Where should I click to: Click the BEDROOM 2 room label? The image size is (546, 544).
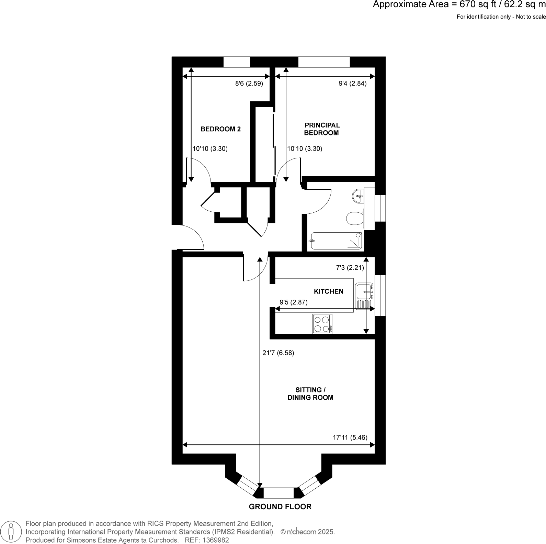(x=220, y=129)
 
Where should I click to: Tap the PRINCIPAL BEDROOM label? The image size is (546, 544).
(x=322, y=129)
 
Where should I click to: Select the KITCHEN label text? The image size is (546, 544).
(x=329, y=291)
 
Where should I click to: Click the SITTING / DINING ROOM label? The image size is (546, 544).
(x=310, y=394)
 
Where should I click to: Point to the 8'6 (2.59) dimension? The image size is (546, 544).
(x=249, y=84)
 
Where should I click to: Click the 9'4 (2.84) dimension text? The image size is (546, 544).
(x=352, y=84)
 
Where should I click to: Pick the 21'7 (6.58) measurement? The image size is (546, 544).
(x=278, y=353)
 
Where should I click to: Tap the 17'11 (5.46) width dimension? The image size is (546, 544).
(x=350, y=437)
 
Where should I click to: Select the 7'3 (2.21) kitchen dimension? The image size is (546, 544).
(x=350, y=268)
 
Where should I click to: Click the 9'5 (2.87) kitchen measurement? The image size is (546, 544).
(x=294, y=302)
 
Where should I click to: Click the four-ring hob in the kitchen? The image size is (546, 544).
(x=322, y=324)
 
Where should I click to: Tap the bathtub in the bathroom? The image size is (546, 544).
(x=336, y=240)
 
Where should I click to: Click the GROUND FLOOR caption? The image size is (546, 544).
(x=280, y=507)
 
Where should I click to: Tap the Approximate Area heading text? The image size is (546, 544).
(x=459, y=5)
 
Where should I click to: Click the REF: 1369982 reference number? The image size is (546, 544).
(x=207, y=540)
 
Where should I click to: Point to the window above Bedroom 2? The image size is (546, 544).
(x=237, y=62)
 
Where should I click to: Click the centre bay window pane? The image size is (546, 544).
(x=278, y=493)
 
